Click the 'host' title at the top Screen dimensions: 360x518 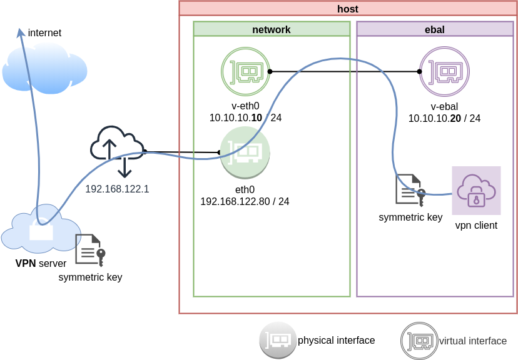tap(347, 9)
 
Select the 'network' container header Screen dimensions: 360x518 tap(271, 29)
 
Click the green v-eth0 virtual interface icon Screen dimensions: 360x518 tap(245, 72)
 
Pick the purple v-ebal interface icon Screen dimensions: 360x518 tap(444, 71)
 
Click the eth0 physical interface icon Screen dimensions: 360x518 tap(245, 152)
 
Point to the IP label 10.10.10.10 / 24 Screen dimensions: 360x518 tap(245, 117)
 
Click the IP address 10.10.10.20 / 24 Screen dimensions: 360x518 tap(444, 118)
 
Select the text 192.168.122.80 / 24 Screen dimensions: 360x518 tap(245, 201)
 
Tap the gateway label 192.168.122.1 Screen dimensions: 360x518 tap(117, 189)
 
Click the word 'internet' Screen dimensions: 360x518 tap(44, 32)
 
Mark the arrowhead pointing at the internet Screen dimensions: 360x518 tap(21, 32)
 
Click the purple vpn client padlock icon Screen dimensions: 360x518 tap(476, 191)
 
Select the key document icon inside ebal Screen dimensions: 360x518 tap(410, 190)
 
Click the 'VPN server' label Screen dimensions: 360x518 tap(41, 263)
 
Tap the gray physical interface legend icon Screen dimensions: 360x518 tap(278, 340)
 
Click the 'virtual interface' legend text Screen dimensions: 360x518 tap(473, 341)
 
